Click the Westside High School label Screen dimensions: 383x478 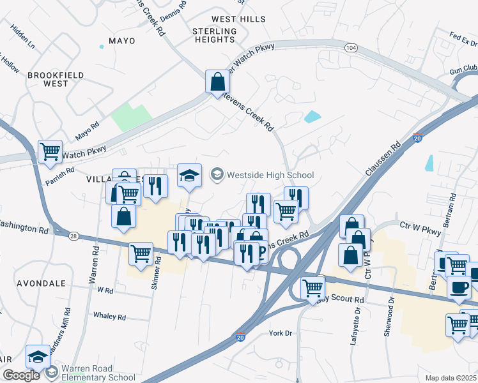pos(270,174)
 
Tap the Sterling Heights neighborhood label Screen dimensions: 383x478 pos(215,35)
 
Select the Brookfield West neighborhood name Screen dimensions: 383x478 pos(56,79)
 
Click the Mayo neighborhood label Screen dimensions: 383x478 pos(122,41)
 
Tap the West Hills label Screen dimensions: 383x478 pos(238,20)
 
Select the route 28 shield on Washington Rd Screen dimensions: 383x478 pos(73,236)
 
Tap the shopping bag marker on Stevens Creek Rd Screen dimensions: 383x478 pos(217,82)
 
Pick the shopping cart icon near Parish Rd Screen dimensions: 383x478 pos(50,152)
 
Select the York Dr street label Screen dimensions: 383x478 pos(281,333)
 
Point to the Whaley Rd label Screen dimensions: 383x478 pos(109,317)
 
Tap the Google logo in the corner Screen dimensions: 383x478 pos(21,375)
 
